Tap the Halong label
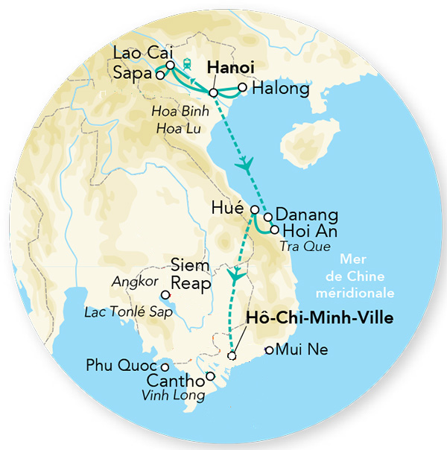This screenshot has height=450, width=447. coord(281,89)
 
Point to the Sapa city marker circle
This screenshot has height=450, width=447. coord(159,75)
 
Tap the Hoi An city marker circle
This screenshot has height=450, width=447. coord(275,230)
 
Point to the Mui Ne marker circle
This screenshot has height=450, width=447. coord(270,350)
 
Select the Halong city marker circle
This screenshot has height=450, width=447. coord(242,88)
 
